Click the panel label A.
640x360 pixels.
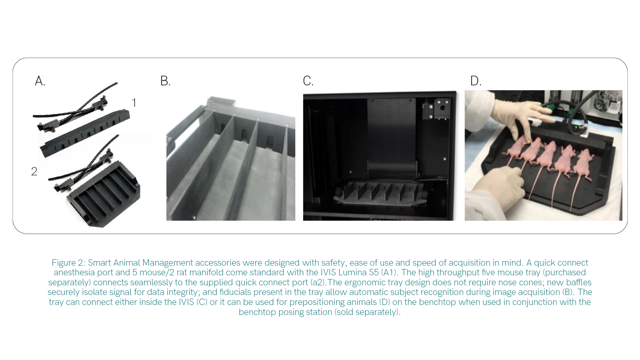click(x=40, y=81)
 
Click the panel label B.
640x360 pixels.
click(x=165, y=81)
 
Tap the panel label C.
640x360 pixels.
click(x=308, y=81)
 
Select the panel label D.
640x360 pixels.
click(x=476, y=81)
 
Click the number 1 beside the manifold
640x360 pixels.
click(x=134, y=103)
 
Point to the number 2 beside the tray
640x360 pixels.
click(x=34, y=172)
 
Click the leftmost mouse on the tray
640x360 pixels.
click(x=515, y=148)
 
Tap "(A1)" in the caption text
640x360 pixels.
click(x=389, y=273)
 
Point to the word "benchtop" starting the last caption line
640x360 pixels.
click(x=258, y=312)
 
